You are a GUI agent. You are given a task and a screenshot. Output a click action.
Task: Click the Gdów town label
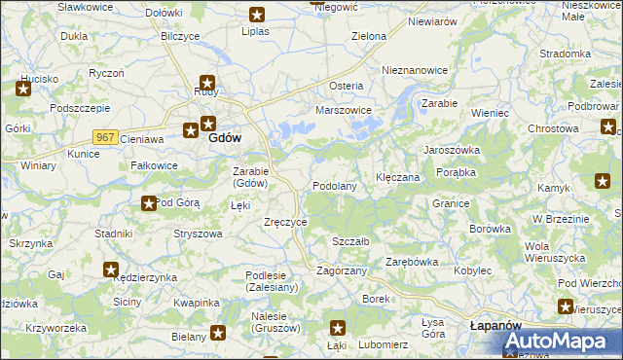coord(225,138)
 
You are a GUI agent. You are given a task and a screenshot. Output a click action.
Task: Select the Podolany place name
coord(334,186)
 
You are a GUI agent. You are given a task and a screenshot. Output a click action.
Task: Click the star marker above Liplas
coord(257,15)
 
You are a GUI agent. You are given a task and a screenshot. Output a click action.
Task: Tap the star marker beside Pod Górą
coord(149,203)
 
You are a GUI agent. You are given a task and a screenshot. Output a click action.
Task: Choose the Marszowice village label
coord(344,110)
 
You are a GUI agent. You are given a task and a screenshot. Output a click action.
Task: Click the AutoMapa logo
coord(555,341)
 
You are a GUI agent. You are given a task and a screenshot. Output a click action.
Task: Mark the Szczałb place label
coord(350,240)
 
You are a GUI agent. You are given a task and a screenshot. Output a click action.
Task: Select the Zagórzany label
coord(341,270)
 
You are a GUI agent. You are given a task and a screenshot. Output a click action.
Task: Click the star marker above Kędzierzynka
coord(111,270)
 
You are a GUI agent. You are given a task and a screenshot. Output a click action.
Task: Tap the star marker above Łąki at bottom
coord(337,329)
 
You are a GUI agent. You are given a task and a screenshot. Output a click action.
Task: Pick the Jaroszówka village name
coord(451,151)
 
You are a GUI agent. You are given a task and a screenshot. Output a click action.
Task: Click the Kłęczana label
coord(397,178)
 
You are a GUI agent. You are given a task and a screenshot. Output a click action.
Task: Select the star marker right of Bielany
coord(218,334)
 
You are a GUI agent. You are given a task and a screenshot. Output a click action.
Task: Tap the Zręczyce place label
coord(286,222)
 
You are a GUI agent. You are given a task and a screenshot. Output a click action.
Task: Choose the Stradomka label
coord(565,54)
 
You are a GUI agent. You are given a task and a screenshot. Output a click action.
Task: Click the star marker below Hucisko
coord(23,90)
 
